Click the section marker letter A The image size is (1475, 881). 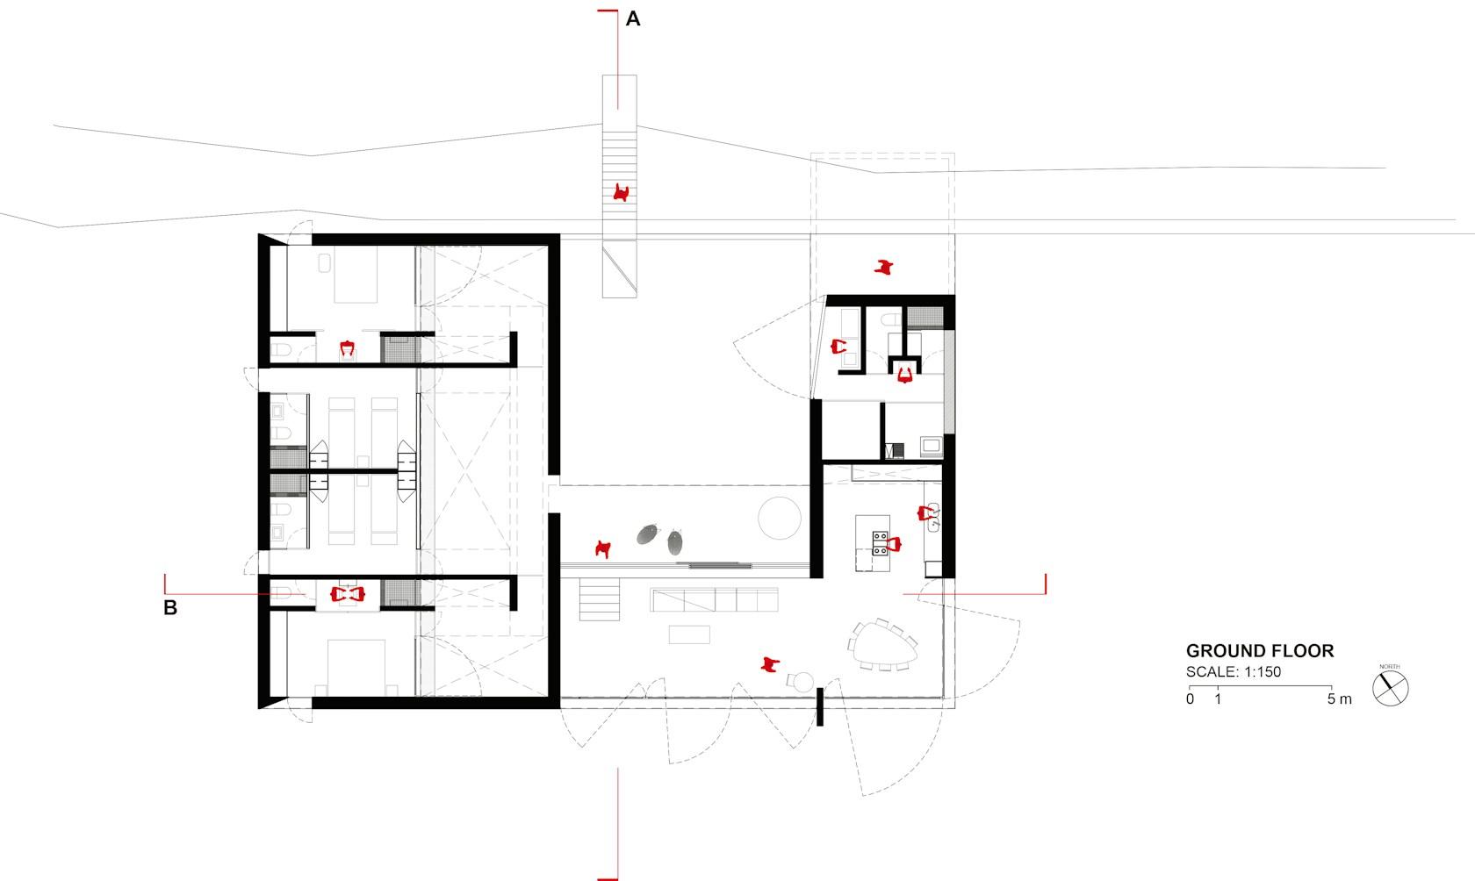(633, 19)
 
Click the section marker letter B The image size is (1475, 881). (170, 608)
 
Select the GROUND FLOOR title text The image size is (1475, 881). (1260, 651)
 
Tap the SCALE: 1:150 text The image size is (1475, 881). (1234, 672)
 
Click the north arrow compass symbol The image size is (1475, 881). (1390, 689)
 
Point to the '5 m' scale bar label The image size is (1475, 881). (1340, 699)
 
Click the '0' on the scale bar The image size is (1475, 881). (1190, 699)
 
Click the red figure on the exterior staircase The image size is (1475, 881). (620, 193)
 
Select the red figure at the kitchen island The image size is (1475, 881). (894, 544)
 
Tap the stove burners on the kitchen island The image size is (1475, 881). (880, 543)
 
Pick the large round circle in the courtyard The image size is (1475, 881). (779, 518)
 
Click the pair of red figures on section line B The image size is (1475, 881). (347, 594)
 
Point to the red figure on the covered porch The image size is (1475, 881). (883, 267)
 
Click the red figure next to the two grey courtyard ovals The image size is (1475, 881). (602, 548)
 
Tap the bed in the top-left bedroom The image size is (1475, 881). (356, 274)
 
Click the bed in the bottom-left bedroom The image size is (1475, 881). (356, 668)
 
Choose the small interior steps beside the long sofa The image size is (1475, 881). (599, 599)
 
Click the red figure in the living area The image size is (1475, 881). (770, 664)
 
